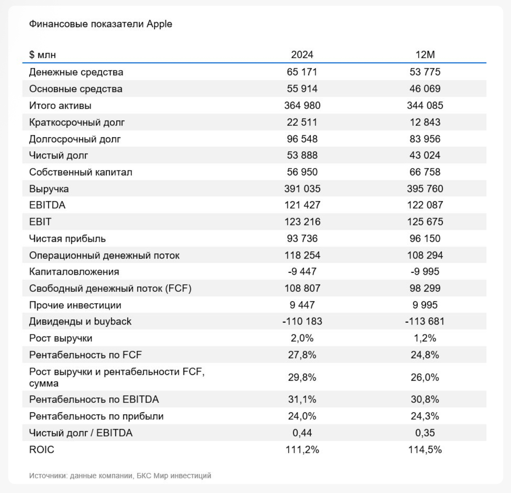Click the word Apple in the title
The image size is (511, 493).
(159, 24)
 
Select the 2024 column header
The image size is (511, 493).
(302, 55)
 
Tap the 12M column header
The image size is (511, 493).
(425, 55)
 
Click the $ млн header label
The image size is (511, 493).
(42, 55)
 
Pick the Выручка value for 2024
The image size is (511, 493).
(302, 189)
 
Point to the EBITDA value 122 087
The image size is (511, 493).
(425, 205)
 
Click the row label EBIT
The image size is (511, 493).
(40, 222)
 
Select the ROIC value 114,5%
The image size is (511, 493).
(425, 450)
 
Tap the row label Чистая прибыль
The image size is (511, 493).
(67, 239)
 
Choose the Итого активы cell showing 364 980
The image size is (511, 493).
(302, 106)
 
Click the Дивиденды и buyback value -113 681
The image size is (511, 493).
(425, 322)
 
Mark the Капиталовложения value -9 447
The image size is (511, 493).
(302, 272)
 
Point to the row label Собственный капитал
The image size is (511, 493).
(80, 172)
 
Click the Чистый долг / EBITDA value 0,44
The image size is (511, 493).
(302, 433)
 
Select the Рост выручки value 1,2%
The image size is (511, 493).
(425, 339)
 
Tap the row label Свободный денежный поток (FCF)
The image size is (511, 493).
(110, 289)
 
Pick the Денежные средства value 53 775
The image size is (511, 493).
(425, 72)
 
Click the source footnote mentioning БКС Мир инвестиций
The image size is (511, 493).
(120, 476)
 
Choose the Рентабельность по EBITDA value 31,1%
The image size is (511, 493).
(302, 400)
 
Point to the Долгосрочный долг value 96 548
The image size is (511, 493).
(302, 139)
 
